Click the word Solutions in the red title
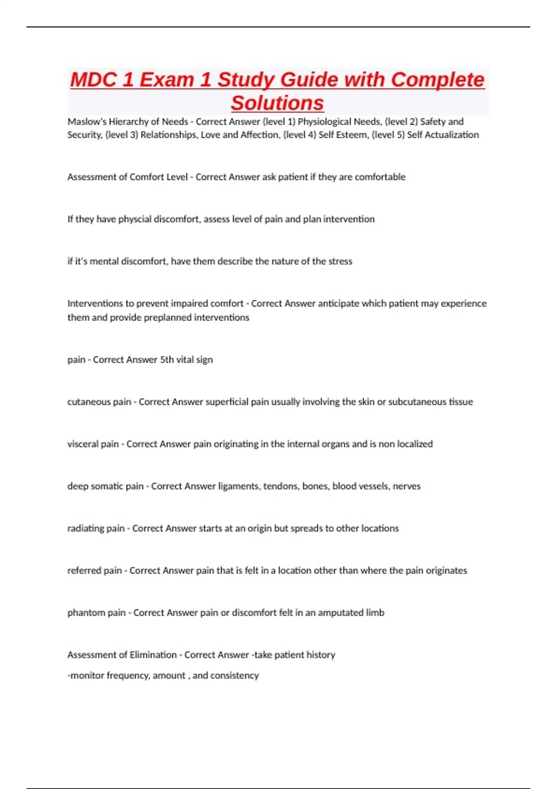pyautogui.click(x=277, y=103)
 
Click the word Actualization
pyautogui.click(x=454, y=135)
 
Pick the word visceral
pyautogui.click(x=84, y=444)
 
